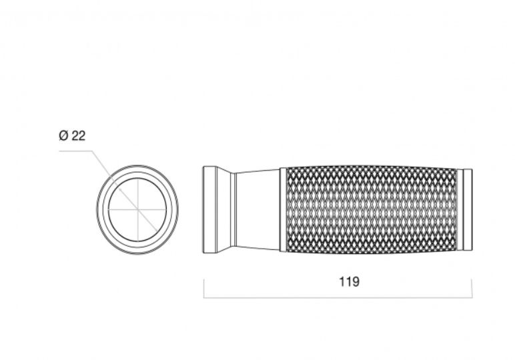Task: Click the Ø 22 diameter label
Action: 72,135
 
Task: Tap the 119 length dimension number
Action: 349,282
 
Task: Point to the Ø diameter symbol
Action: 64,135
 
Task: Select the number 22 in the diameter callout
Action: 79,135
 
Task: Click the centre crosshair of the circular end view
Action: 137,209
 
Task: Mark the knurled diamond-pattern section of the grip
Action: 372,210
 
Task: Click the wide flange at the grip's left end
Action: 209,210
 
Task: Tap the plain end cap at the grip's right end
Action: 468,210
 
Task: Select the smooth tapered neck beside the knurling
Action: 257,210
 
